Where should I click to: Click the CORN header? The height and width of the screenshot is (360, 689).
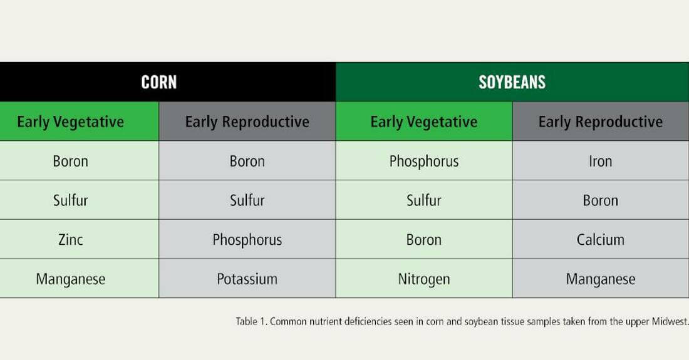[x=158, y=82]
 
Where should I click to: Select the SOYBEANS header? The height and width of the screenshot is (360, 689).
[x=512, y=82]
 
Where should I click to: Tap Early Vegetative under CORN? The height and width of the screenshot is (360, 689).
[x=70, y=121]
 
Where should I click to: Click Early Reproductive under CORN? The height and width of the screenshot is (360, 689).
[x=247, y=121]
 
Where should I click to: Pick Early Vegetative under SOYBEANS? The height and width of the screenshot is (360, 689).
[x=423, y=121]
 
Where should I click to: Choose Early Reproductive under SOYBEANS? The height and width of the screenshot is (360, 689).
[x=600, y=121]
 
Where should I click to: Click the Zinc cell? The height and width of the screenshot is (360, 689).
[x=70, y=240]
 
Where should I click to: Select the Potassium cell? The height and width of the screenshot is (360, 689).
[x=247, y=279]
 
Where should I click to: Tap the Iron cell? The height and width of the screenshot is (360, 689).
[x=600, y=161]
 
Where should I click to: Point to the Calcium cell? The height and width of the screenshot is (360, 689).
[x=600, y=240]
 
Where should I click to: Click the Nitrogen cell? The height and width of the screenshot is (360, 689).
[x=423, y=279]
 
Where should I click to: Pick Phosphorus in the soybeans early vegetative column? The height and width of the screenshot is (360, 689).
[x=423, y=162]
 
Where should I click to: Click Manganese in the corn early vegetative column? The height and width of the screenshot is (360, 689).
[x=70, y=279]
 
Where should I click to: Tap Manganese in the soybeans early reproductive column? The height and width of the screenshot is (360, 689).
[x=600, y=279]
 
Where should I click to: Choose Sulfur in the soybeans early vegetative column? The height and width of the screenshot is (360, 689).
[x=423, y=200]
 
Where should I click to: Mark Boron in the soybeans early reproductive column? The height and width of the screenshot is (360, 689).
[x=600, y=200]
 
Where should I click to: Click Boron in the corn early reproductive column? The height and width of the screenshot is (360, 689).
[x=247, y=161]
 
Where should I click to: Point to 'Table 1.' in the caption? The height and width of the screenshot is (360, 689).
[x=251, y=321]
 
